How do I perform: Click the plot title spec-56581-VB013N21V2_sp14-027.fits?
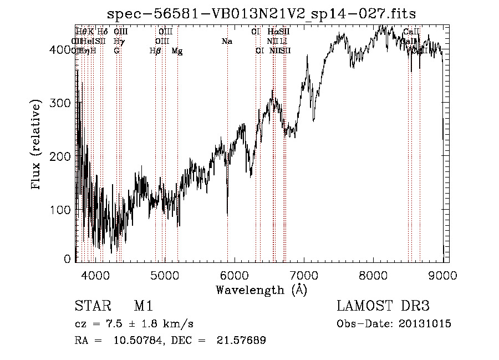(x=262, y=13)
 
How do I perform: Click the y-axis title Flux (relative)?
(x=37, y=145)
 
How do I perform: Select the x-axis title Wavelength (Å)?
(x=262, y=290)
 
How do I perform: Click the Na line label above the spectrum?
(x=226, y=41)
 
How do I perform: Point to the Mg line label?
(x=177, y=51)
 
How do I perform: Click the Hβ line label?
(x=155, y=50)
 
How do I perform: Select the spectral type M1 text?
(x=144, y=306)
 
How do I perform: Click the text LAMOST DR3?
(x=383, y=306)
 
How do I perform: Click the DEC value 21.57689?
(x=243, y=340)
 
